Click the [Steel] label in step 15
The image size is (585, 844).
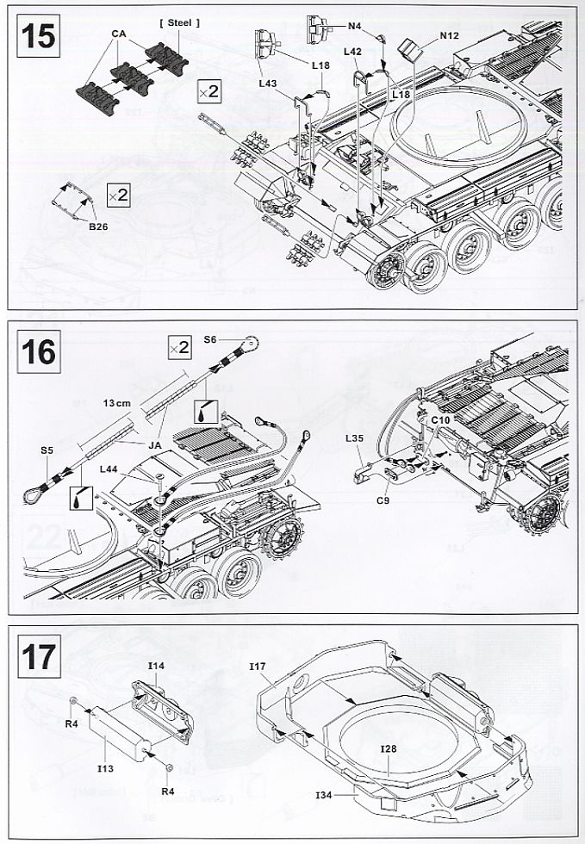[x=180, y=22]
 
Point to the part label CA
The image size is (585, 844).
[x=119, y=34]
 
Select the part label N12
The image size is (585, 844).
[x=449, y=35]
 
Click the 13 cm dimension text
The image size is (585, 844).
[x=117, y=403]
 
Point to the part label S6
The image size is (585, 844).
[x=212, y=341]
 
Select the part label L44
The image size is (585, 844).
[x=109, y=468]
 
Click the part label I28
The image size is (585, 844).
[x=389, y=748]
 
